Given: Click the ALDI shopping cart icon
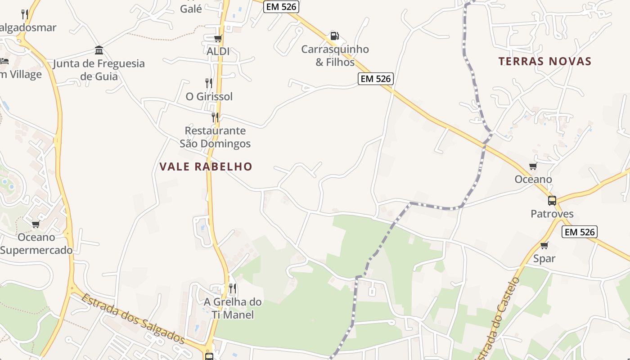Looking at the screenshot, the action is click(x=218, y=39).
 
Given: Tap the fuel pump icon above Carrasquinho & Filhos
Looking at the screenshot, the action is click(x=334, y=36).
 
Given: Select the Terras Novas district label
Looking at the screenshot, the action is click(x=544, y=61).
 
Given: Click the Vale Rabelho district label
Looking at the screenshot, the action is click(x=206, y=166).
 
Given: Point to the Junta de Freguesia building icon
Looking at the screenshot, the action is click(x=99, y=50).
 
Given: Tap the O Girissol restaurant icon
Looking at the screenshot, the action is click(x=209, y=83).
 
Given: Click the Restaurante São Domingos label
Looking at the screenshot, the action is click(x=215, y=137).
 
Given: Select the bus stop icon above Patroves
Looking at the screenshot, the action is click(x=552, y=201).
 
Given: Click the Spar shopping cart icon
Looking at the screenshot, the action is click(x=544, y=246).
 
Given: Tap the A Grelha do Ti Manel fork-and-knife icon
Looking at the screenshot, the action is click(x=233, y=288).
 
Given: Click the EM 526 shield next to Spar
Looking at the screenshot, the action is click(x=580, y=232).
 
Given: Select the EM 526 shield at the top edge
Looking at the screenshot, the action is click(x=281, y=6).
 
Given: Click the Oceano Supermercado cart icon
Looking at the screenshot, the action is click(x=36, y=224).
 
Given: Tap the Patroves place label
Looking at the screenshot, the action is click(x=552, y=214).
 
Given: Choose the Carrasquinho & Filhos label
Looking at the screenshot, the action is click(x=335, y=56).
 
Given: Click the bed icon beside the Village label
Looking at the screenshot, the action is click(x=4, y=61).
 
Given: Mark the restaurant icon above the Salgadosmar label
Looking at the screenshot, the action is click(x=25, y=14).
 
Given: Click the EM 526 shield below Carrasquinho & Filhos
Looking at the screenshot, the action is click(x=376, y=79).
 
